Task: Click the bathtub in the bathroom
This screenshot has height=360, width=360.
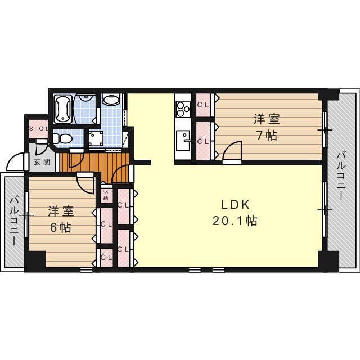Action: (x=63, y=109)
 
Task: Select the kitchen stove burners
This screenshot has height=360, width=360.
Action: (x=183, y=110)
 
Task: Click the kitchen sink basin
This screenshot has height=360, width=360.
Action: (x=183, y=141)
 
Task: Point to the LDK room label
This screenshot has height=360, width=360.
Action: (x=235, y=205)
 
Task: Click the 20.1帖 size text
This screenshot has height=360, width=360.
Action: (x=235, y=221)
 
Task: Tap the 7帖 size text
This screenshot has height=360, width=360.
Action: (x=267, y=136)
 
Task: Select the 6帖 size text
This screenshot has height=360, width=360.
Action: (x=61, y=227)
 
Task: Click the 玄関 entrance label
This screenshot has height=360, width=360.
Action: (x=42, y=162)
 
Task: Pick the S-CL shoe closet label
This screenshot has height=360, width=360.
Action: (x=38, y=129)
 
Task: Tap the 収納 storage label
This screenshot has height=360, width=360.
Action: (x=106, y=195)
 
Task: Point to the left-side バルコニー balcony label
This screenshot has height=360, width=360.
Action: (x=14, y=220)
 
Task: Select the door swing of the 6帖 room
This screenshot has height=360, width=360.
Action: (x=85, y=183)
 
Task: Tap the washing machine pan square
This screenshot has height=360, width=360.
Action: (x=97, y=138)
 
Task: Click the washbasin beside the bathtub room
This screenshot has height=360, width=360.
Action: (x=111, y=100)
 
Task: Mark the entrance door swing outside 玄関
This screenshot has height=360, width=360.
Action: (x=16, y=162)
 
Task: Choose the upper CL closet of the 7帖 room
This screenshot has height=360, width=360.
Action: (x=204, y=105)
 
